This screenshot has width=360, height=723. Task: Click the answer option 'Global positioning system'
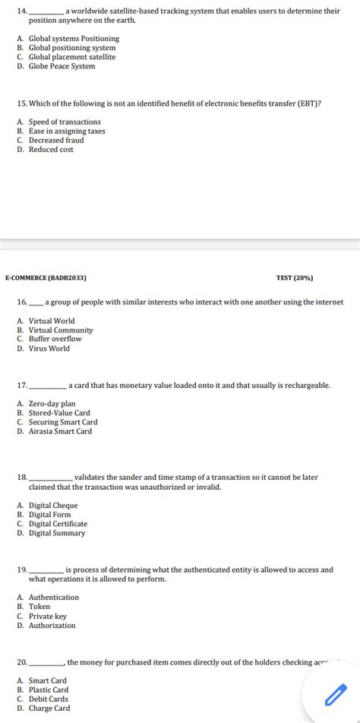pyautogui.click(x=72, y=48)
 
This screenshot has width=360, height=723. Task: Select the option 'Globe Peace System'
pyautogui.click(x=62, y=66)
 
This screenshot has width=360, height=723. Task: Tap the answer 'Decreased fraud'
pyautogui.click(x=56, y=140)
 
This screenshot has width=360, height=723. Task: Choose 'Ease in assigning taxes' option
pyautogui.click(x=67, y=131)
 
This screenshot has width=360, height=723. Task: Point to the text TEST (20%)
pyautogui.click(x=295, y=279)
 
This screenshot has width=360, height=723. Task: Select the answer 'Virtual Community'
pyautogui.click(x=61, y=330)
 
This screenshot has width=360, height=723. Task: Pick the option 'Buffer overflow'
pyautogui.click(x=55, y=339)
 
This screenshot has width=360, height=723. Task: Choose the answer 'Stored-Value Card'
pyautogui.click(x=59, y=413)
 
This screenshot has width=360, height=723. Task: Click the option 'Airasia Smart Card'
pyautogui.click(x=60, y=431)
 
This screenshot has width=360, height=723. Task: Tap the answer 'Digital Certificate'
pyautogui.click(x=58, y=524)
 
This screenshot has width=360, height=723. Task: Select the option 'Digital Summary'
pyautogui.click(x=57, y=533)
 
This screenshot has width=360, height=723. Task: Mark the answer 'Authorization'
pyautogui.click(x=52, y=626)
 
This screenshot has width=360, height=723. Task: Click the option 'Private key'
pyautogui.click(x=48, y=617)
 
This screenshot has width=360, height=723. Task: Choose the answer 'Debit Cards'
pyautogui.click(x=49, y=699)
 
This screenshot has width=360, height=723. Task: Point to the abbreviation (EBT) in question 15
pyautogui.click(x=307, y=103)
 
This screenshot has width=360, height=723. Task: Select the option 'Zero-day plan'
pyautogui.click(x=52, y=404)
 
